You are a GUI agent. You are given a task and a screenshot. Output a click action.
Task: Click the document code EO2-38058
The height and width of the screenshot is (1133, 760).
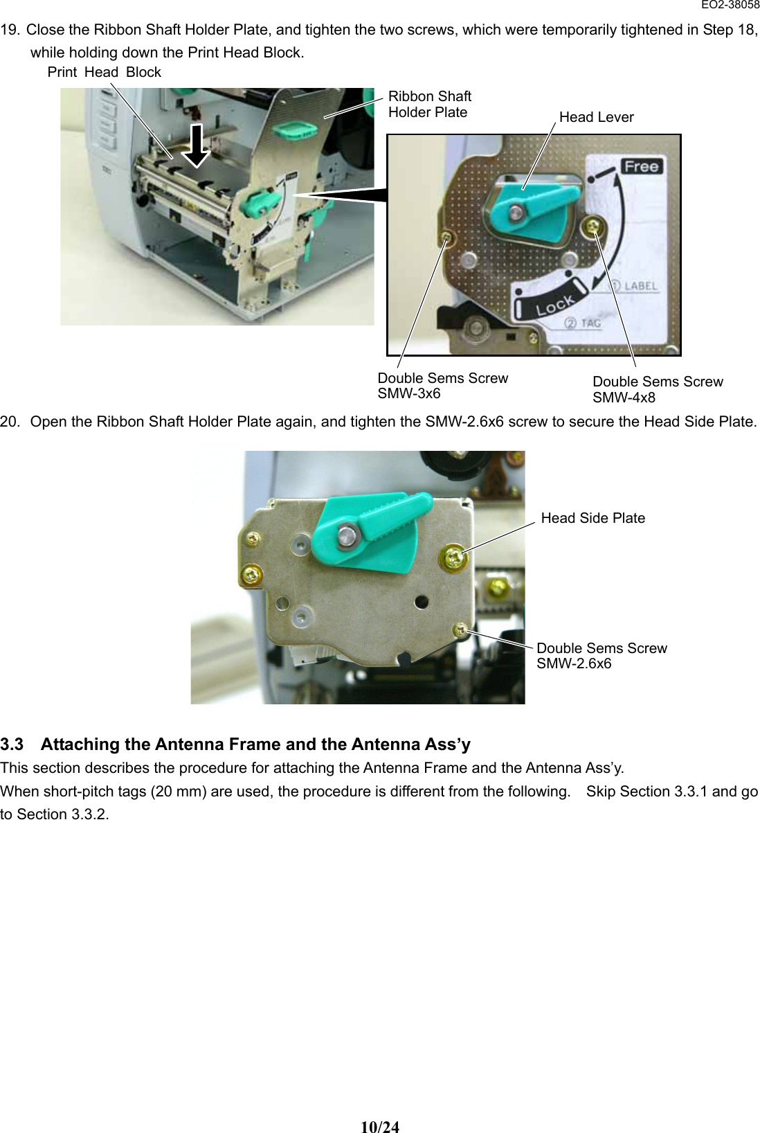click(x=730, y=5)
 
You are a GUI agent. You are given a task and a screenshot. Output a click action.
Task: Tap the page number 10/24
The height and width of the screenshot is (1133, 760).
click(x=380, y=1127)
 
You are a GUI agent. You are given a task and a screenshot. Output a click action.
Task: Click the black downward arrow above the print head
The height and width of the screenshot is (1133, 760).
click(x=197, y=146)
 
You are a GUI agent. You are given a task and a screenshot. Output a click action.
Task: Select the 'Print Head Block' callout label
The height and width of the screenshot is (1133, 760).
click(x=104, y=72)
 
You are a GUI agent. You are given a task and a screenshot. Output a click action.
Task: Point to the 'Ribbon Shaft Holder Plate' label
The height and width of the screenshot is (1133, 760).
click(x=429, y=104)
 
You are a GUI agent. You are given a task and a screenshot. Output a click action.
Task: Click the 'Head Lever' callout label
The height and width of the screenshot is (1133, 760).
click(x=596, y=117)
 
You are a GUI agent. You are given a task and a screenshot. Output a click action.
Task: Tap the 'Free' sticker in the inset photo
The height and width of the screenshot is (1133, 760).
click(x=641, y=166)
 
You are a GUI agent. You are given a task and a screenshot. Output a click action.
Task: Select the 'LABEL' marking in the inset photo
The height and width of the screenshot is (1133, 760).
click(x=640, y=285)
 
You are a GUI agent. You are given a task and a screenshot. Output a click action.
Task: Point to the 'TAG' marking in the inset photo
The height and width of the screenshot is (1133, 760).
click(x=590, y=323)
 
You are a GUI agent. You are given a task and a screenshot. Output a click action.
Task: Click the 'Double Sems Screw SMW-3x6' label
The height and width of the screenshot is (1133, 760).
click(x=442, y=386)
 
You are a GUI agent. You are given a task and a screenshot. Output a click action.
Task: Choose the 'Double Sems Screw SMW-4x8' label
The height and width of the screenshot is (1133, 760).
click(x=657, y=389)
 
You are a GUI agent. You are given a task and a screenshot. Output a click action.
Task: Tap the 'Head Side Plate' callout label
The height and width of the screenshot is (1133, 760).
click(x=592, y=518)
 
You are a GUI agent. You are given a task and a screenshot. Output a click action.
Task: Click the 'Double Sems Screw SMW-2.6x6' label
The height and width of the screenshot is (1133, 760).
click(x=601, y=656)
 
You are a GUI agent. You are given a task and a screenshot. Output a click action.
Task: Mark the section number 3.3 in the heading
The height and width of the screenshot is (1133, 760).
click(x=12, y=744)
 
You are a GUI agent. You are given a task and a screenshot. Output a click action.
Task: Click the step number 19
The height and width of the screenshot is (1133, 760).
click(x=10, y=30)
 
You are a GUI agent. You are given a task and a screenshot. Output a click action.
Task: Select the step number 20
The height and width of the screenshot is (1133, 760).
click(x=10, y=422)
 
